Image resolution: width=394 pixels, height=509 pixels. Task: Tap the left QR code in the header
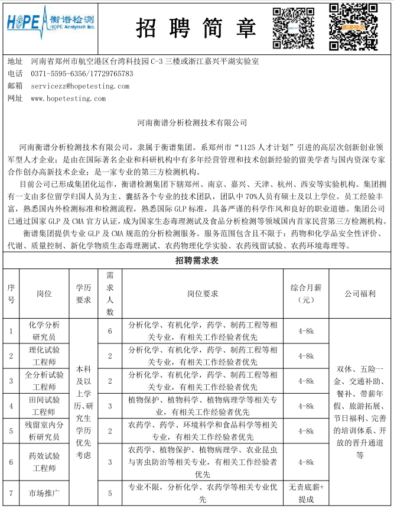click(x=294, y=27)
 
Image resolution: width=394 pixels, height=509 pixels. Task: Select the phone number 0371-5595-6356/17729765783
click(x=82, y=74)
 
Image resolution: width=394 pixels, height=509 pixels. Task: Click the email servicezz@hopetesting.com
click(x=80, y=86)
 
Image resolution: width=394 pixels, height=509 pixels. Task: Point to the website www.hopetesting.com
click(x=69, y=99)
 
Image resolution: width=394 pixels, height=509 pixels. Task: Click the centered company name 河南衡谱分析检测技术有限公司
click(x=196, y=123)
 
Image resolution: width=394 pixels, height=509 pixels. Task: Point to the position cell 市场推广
click(x=44, y=492)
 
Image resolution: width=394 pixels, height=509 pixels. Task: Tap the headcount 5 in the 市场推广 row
click(x=110, y=492)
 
